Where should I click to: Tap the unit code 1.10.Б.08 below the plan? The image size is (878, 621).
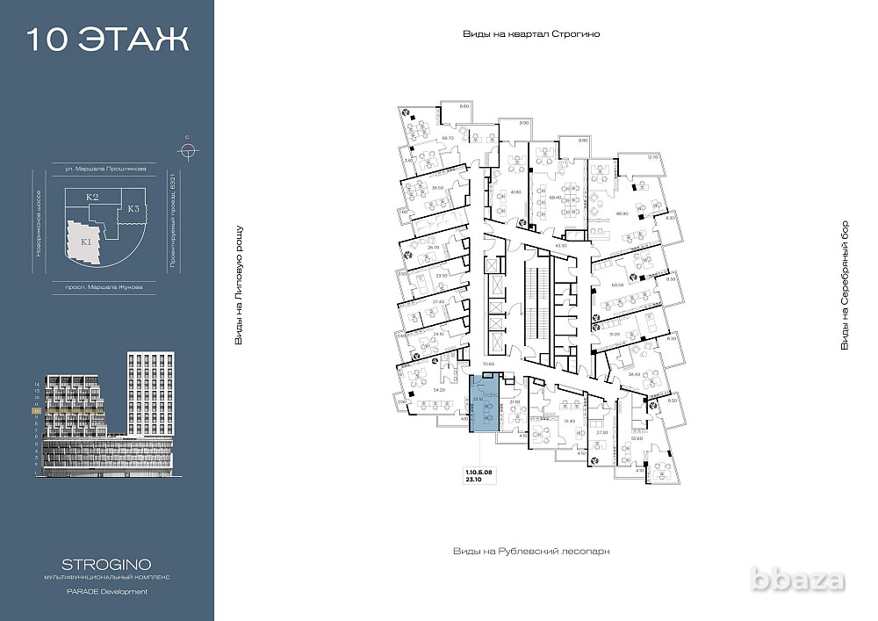click(x=480, y=472)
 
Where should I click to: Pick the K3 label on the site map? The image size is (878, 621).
click(x=133, y=209)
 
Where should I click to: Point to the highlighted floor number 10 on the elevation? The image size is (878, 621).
click(x=36, y=410)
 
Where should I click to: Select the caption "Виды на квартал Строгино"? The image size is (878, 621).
click(x=536, y=34)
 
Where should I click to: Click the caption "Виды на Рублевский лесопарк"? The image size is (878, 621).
click(x=531, y=551)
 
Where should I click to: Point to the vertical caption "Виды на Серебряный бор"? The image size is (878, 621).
click(x=845, y=285)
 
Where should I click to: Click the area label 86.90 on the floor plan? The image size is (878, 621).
click(x=623, y=214)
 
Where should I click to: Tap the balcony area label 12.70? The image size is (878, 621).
click(x=651, y=157)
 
